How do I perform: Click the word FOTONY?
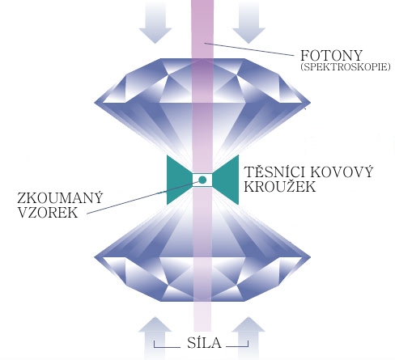tap(331, 56)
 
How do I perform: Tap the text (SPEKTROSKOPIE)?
tap(346, 67)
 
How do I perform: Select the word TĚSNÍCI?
tap(274, 172)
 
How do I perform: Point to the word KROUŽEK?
tap(279, 186)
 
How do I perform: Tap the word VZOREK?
tap(48, 212)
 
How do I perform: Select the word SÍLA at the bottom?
tap(204, 342)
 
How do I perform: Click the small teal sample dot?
tap(202, 180)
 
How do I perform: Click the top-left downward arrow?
tap(155, 23)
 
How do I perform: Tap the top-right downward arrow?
tap(248, 23)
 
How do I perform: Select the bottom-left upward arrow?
tap(155, 338)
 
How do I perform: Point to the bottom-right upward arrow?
tap(248, 338)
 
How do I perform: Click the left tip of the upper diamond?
tap(95, 103)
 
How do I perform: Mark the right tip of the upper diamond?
tap(311, 103)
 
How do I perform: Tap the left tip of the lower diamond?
tap(95, 256)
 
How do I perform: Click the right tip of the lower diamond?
tap(311, 256)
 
